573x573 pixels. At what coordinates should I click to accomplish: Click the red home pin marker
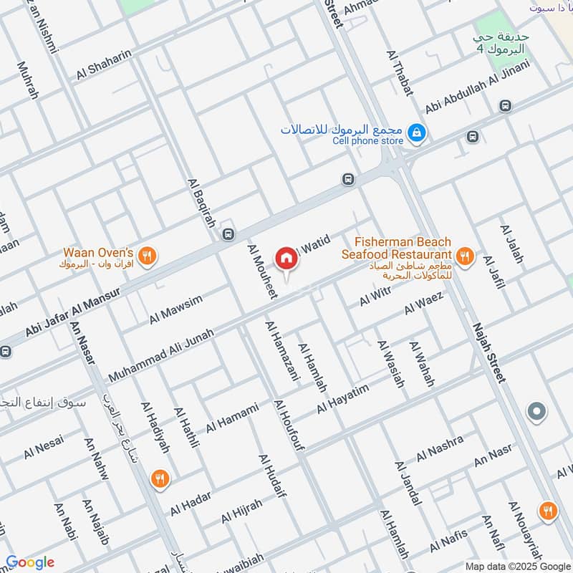click(x=286, y=259)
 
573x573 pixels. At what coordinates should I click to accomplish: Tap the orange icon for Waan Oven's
click(x=147, y=256)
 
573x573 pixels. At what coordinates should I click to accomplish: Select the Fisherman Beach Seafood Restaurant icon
click(x=464, y=256)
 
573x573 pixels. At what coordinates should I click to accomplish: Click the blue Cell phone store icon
click(x=414, y=133)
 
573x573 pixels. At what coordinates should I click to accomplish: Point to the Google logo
click(x=30, y=562)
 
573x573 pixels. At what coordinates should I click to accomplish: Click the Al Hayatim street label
click(x=342, y=398)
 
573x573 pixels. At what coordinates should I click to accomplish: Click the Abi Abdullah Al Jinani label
click(x=477, y=87)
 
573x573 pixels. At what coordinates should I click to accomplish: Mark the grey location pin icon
click(x=536, y=412)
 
